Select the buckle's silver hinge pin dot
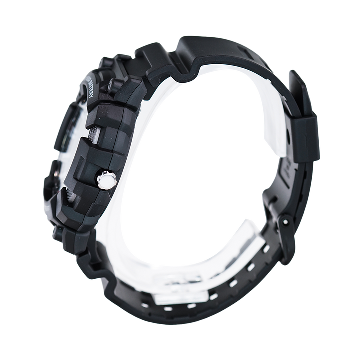tap(285, 221)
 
